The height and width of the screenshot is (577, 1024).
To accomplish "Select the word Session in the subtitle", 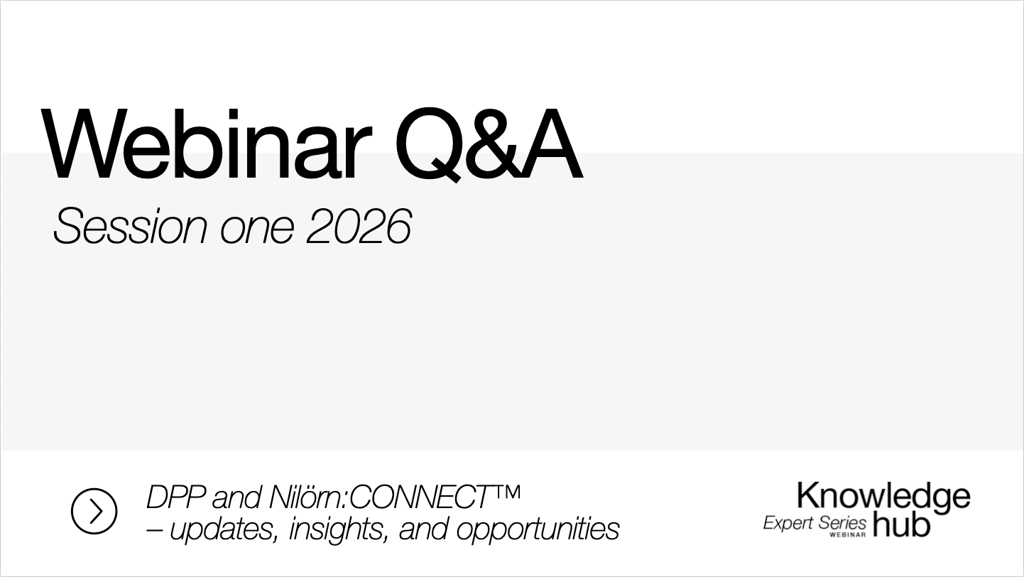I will (x=130, y=227).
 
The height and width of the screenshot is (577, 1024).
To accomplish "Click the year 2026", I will (x=359, y=227).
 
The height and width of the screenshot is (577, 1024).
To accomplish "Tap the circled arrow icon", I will (x=94, y=511).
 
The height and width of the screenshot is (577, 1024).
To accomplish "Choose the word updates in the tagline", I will (x=223, y=529).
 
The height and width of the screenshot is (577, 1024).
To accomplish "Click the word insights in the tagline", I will (x=338, y=529).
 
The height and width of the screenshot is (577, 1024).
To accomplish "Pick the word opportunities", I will (x=537, y=529).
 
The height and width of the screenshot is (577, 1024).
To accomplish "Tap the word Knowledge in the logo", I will (x=883, y=497).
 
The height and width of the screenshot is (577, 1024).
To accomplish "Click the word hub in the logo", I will (x=900, y=524).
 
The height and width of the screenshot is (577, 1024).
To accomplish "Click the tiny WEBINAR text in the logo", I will (x=847, y=535).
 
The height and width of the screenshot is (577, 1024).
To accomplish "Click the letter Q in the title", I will (x=427, y=146).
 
